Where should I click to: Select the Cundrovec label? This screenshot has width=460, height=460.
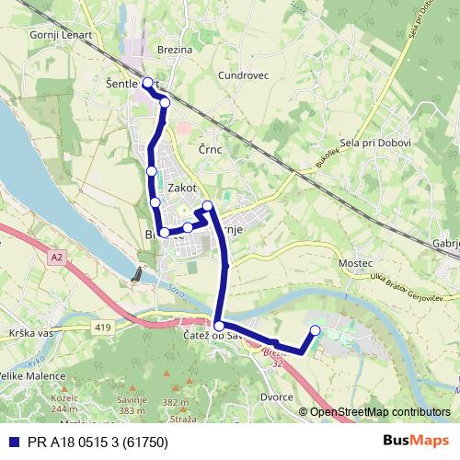(244, 75)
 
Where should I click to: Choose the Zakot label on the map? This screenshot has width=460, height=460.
(183, 187)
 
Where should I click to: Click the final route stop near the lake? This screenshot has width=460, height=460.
(316, 330)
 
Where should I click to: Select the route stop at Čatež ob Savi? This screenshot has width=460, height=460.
(219, 326)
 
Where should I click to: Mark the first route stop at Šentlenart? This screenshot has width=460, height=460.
(147, 83)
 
